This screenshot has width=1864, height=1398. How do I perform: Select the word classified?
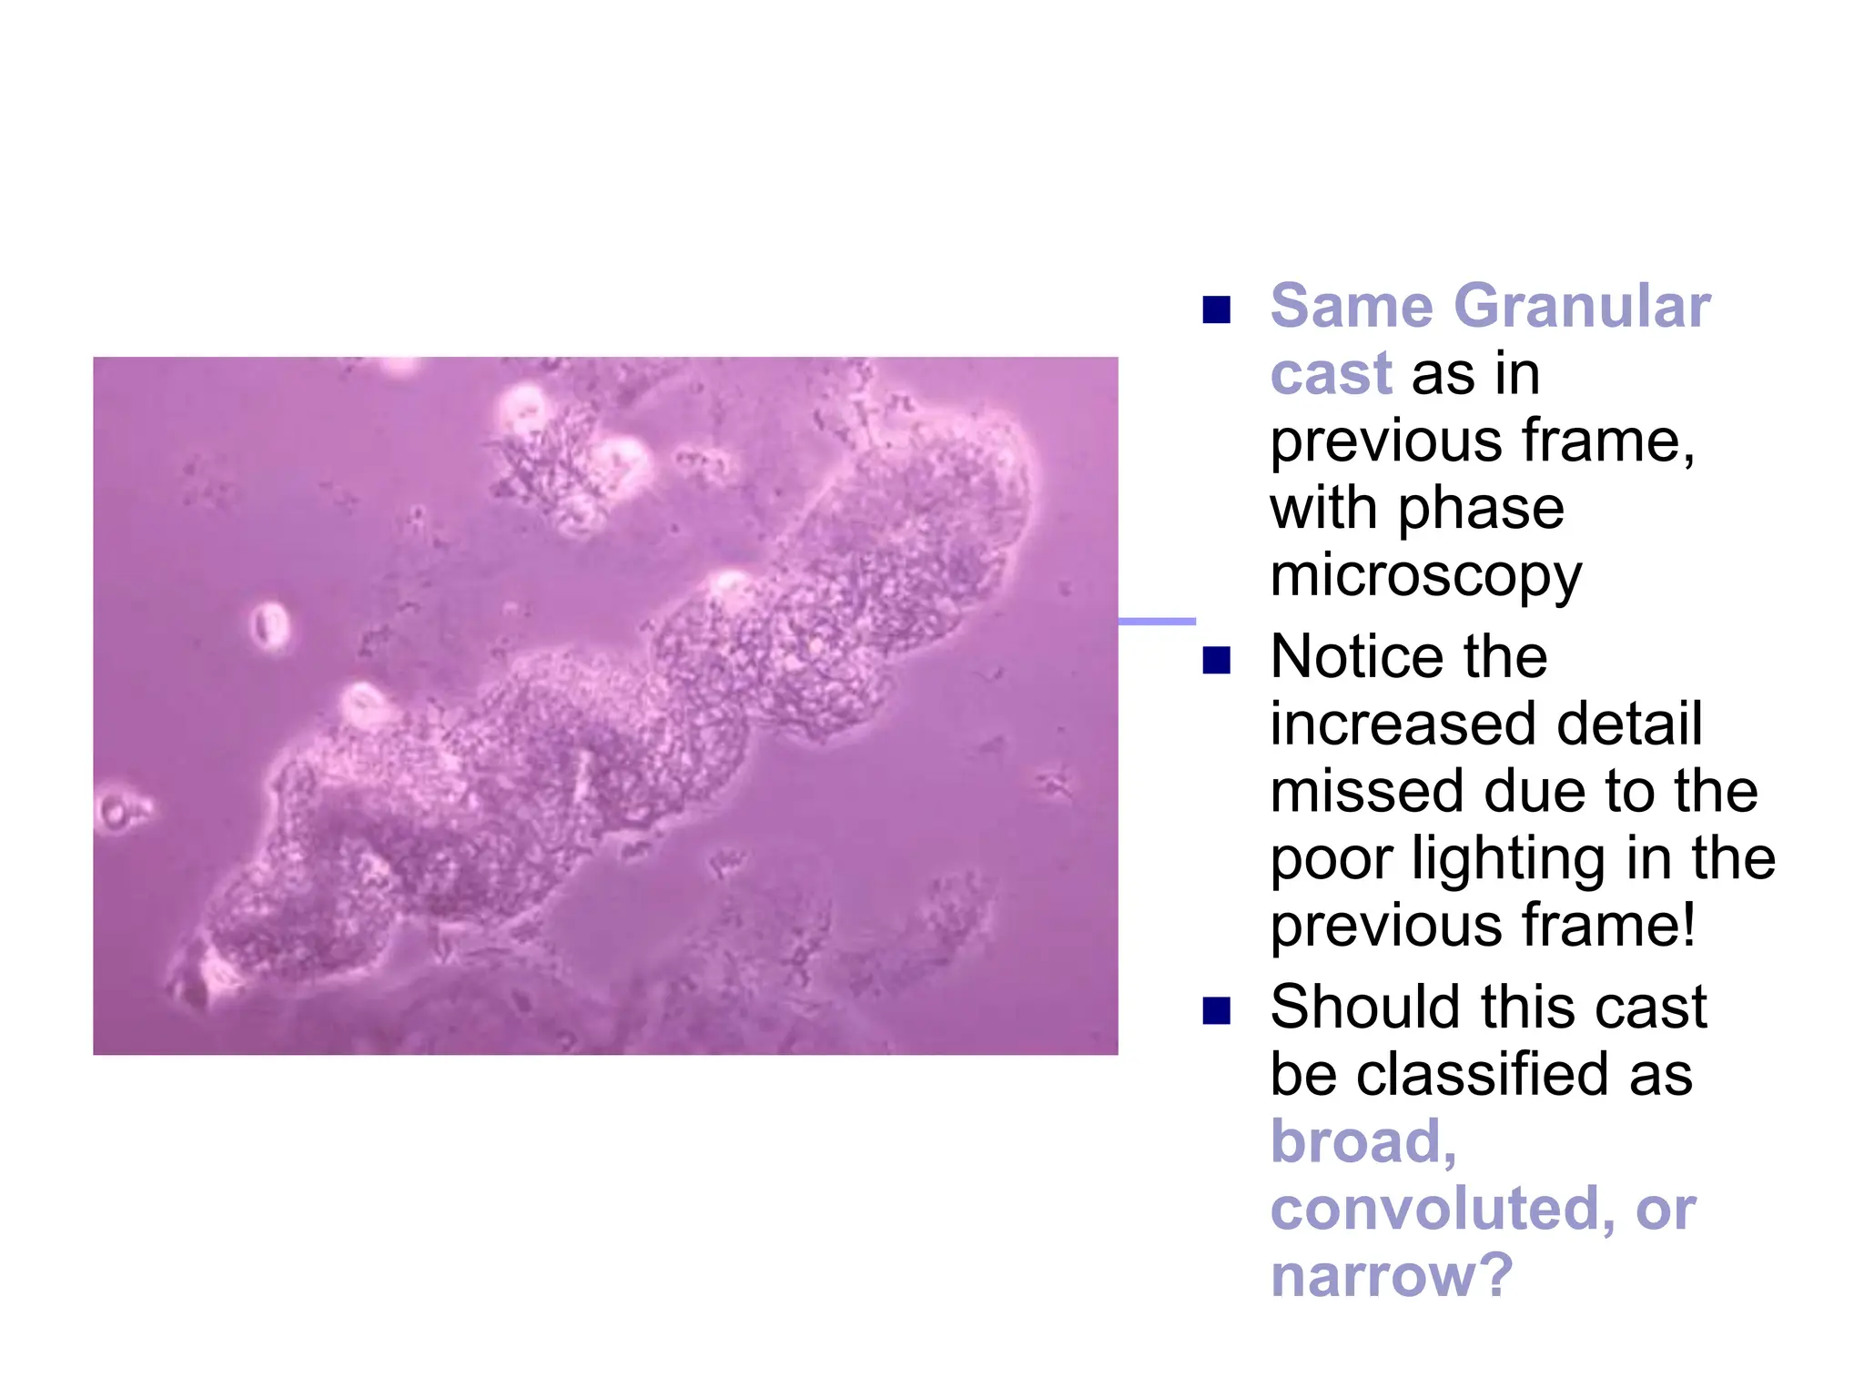click(x=1484, y=1075)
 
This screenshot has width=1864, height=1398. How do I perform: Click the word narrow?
click(x=1391, y=1276)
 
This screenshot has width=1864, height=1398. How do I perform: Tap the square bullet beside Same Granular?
click(x=1216, y=310)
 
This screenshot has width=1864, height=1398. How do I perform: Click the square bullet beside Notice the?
click(x=1216, y=660)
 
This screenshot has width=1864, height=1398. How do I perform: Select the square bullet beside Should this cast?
click(x=1216, y=1010)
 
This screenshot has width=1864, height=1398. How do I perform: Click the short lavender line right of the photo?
click(x=1156, y=622)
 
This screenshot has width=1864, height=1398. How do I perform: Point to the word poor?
click(x=1332, y=860)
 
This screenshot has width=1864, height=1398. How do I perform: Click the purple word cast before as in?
click(x=1331, y=374)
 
